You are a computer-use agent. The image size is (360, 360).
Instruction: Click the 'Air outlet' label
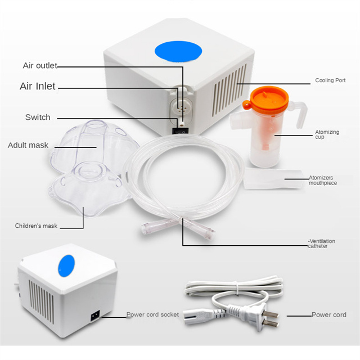[x=40, y=65]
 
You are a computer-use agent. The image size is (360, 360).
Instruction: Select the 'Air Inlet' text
[x=38, y=86]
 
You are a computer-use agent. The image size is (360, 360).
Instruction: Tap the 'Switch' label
[x=38, y=117]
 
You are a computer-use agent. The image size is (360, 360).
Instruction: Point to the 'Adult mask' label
[x=28, y=145]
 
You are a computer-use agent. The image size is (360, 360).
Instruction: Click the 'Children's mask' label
[x=36, y=226]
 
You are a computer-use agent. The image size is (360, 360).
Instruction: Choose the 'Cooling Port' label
[x=330, y=80]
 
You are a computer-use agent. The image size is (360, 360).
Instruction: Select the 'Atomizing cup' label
[x=327, y=134]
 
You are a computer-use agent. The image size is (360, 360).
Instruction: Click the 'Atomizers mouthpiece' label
[x=322, y=180]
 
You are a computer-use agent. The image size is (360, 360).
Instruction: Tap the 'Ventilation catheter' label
[x=321, y=244]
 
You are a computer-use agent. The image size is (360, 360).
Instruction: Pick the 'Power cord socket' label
[x=152, y=314]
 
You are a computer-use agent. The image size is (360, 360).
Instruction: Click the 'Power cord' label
[x=328, y=315]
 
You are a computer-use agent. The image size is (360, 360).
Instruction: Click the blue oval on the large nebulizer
[x=178, y=51]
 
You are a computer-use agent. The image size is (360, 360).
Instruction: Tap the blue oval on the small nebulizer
[x=66, y=266]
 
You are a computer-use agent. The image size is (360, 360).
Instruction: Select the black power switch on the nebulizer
[x=181, y=131]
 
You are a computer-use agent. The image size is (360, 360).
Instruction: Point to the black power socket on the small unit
[x=95, y=316]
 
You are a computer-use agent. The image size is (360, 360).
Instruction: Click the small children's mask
[x=88, y=188]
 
